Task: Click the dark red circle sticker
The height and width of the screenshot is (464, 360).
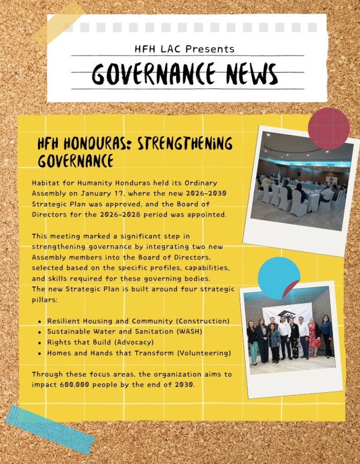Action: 329,129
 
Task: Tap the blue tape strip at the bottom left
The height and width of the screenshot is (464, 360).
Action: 49,430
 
